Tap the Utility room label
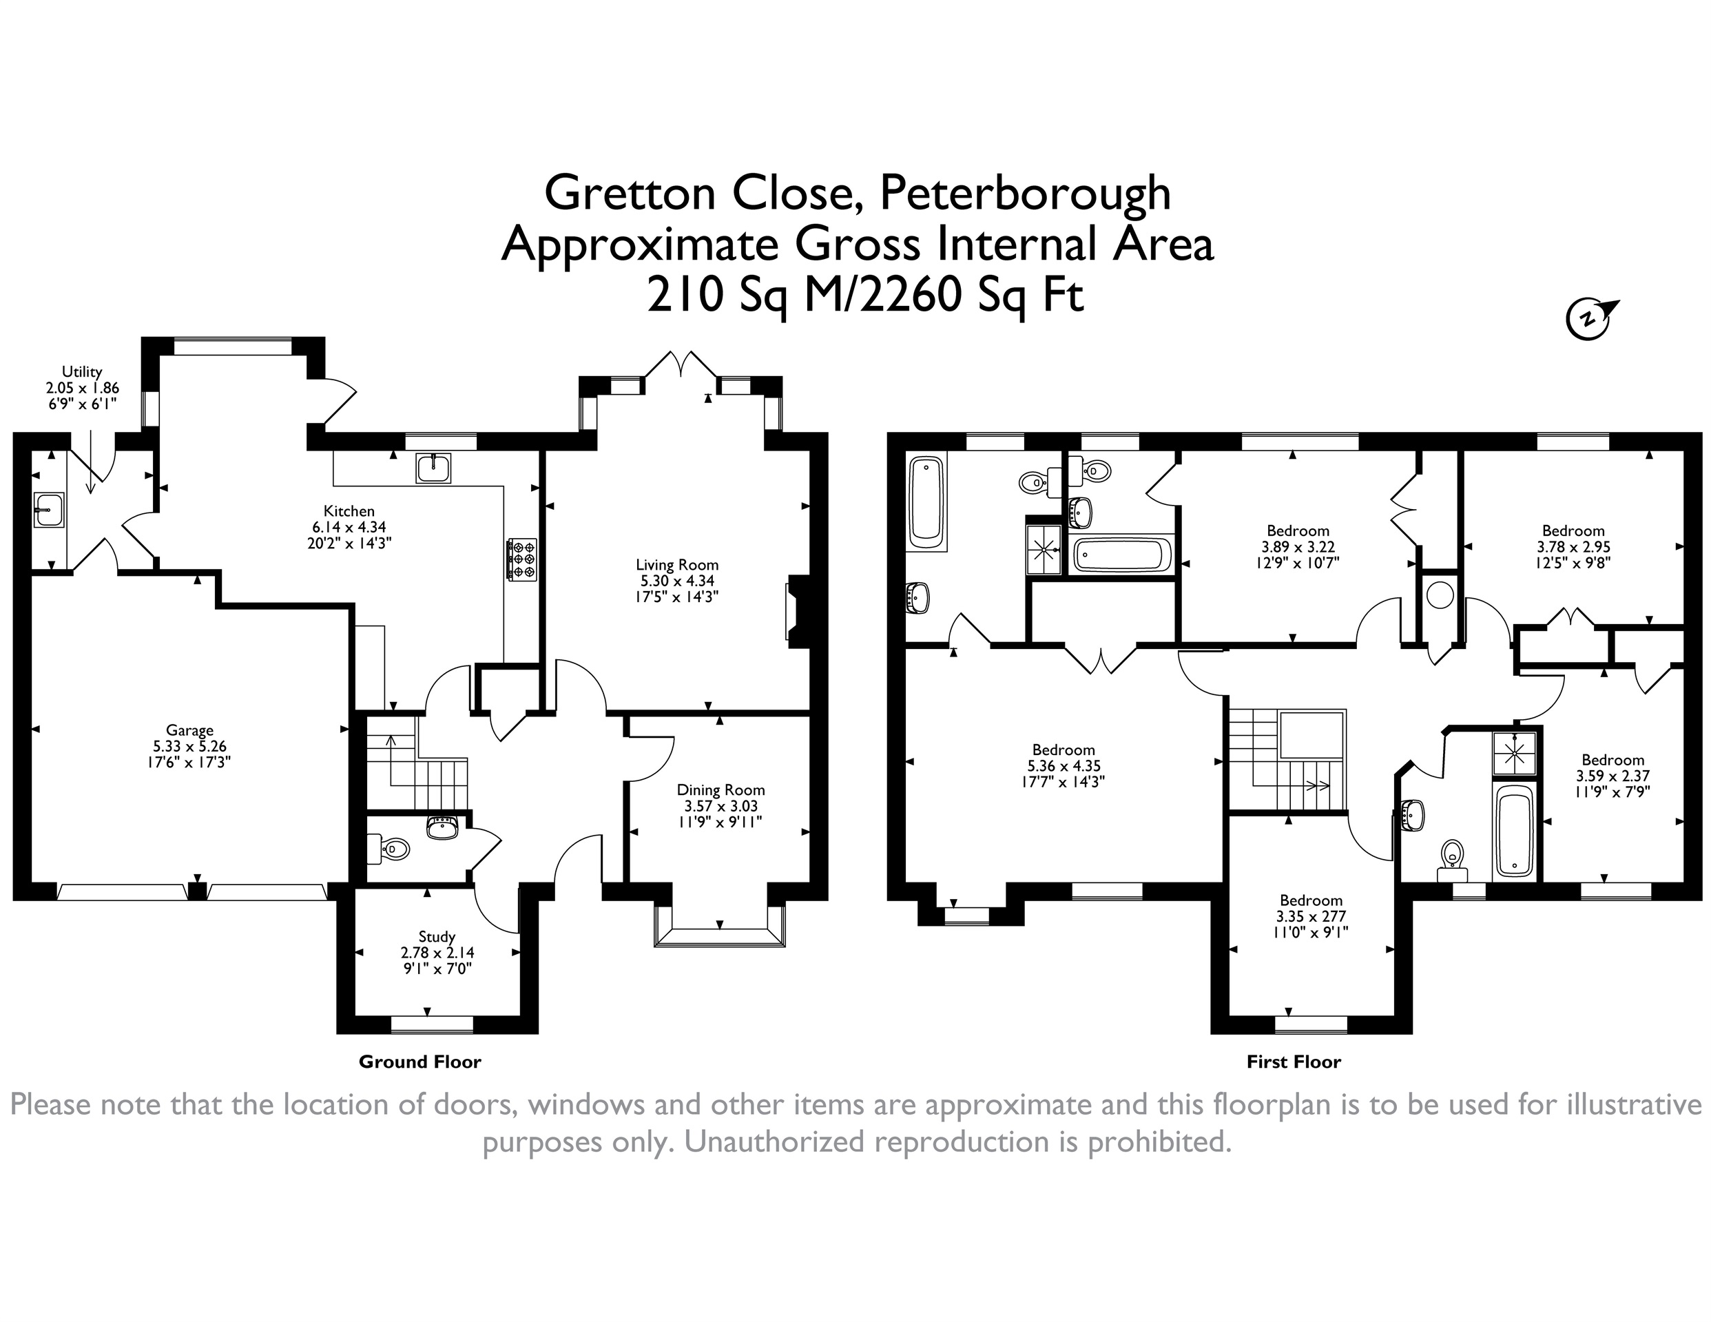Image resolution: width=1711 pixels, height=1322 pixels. (x=82, y=371)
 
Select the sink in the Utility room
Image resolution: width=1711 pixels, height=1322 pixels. (x=49, y=510)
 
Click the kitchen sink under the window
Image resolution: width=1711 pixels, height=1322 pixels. (x=433, y=468)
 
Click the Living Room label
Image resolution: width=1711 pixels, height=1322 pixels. (x=677, y=564)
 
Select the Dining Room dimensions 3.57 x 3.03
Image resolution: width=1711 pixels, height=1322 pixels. (x=720, y=805)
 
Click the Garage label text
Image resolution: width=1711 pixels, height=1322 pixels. (x=189, y=731)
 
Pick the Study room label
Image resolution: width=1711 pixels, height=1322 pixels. (x=437, y=937)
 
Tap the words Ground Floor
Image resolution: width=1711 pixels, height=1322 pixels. (x=420, y=1062)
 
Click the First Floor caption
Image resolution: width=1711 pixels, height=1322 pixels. (x=1294, y=1062)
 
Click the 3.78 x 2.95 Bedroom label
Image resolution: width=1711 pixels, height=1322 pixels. (x=1573, y=547)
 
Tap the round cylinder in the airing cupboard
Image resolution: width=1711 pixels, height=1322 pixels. (x=1440, y=594)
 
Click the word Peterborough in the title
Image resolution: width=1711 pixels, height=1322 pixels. (x=1026, y=193)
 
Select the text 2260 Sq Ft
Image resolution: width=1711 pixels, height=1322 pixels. (x=972, y=296)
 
